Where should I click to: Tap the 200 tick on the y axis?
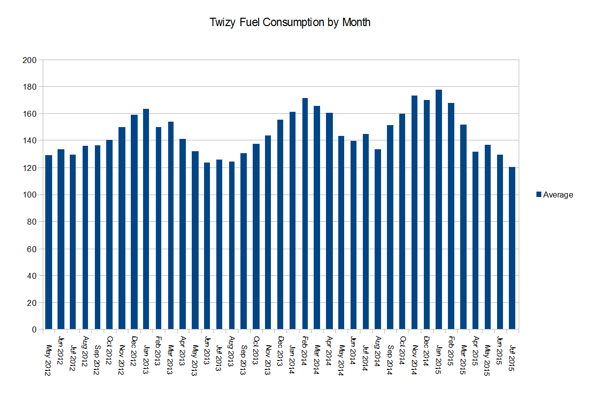click(30, 60)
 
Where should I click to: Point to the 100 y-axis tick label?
click(30, 195)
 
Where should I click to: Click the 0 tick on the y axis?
click(33, 329)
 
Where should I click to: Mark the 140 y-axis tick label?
click(30, 141)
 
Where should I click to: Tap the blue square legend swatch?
click(538, 195)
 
